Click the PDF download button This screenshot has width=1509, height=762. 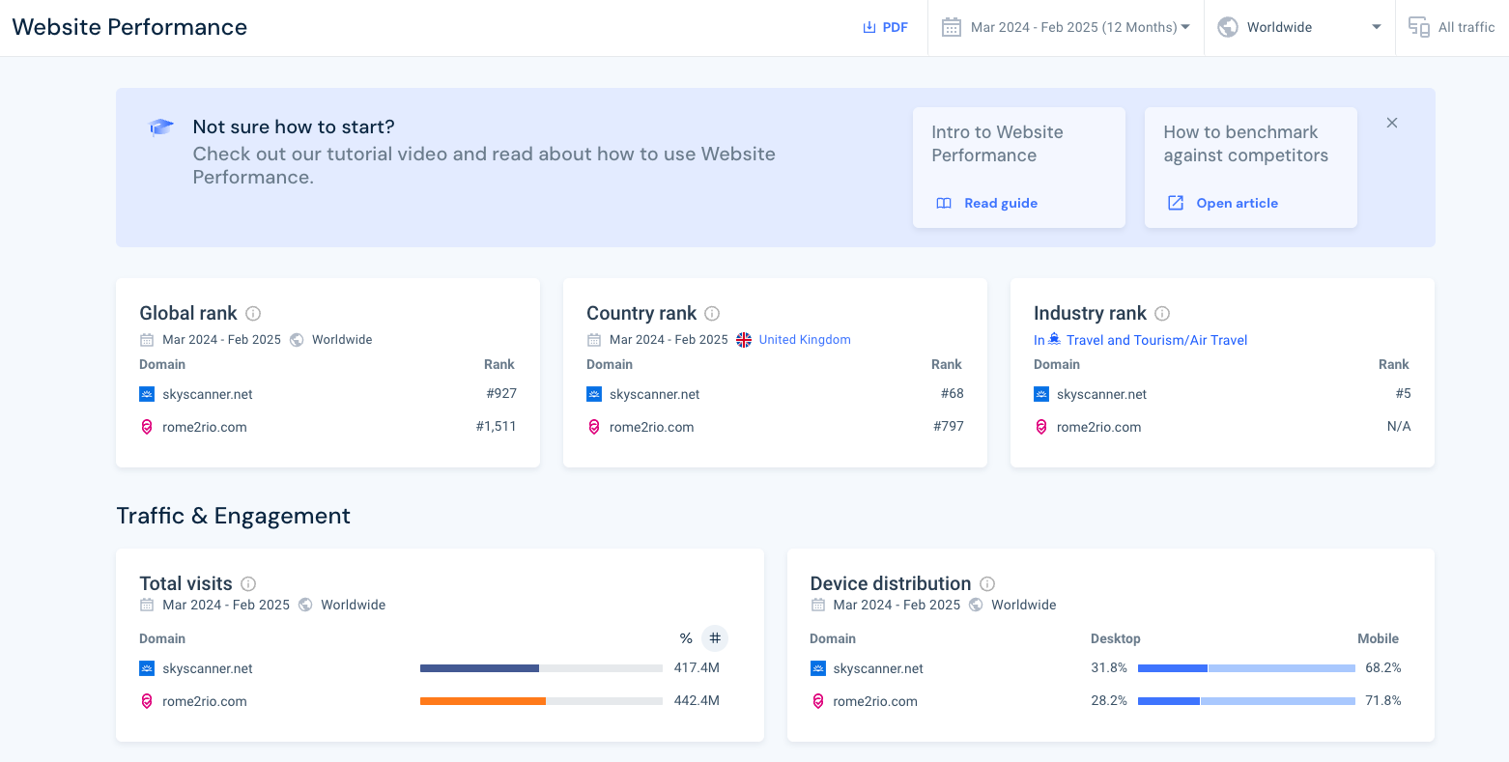click(885, 27)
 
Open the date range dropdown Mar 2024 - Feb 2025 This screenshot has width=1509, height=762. click(1066, 27)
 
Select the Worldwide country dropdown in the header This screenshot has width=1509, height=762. click(1298, 27)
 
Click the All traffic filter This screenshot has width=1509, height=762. click(1452, 27)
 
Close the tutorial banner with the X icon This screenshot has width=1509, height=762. click(1392, 123)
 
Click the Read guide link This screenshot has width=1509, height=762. click(1000, 203)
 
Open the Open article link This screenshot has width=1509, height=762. click(1236, 203)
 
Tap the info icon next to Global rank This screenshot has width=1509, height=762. click(253, 313)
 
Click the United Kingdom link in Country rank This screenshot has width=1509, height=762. click(804, 340)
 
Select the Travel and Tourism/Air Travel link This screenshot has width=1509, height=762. click(1155, 340)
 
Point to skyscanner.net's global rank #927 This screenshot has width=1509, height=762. click(501, 394)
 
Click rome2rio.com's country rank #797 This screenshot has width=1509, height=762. click(948, 426)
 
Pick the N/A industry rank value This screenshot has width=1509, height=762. click(1398, 426)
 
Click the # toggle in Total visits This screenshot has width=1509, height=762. click(715, 638)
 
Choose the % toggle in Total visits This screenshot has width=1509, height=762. click(686, 638)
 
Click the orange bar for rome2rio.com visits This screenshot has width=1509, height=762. click(482, 701)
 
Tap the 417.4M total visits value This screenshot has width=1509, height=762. click(697, 668)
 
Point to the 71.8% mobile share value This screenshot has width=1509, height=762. click(1382, 701)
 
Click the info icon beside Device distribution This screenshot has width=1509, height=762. click(987, 583)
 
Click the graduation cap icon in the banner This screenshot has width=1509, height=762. click(161, 127)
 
